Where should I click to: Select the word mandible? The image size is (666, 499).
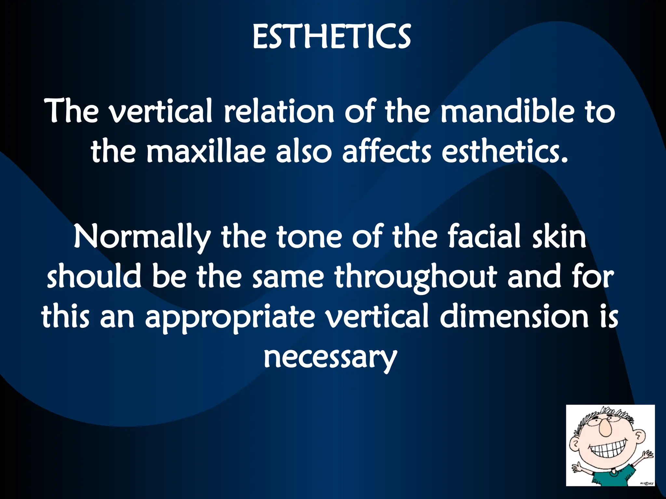click(x=507, y=111)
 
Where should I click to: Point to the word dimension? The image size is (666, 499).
click(x=514, y=316)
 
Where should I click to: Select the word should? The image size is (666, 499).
click(x=94, y=277)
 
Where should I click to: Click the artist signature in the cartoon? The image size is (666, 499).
click(x=646, y=483)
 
